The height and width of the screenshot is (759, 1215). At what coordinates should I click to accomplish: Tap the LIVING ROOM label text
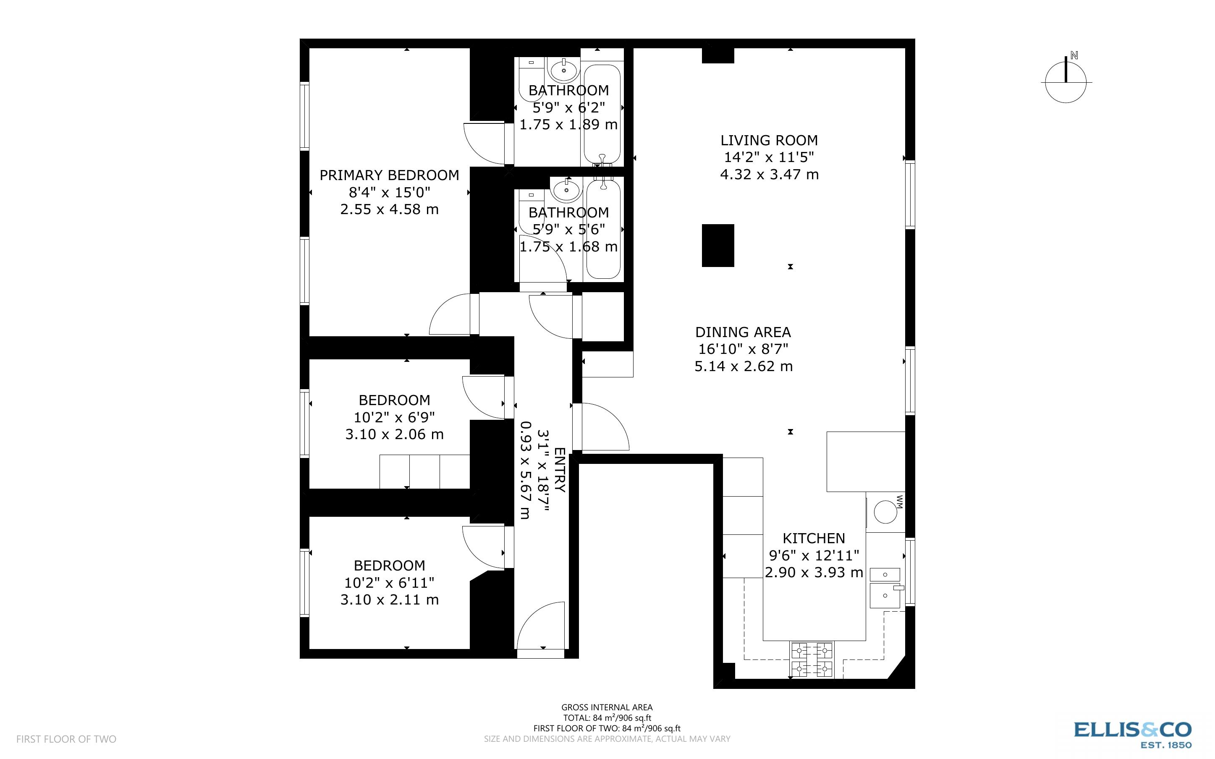tap(769, 140)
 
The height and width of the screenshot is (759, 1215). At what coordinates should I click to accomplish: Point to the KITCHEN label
tap(814, 538)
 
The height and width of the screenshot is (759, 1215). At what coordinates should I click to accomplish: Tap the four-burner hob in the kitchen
tap(812, 660)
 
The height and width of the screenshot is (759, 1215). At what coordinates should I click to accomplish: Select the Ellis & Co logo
tap(1132, 734)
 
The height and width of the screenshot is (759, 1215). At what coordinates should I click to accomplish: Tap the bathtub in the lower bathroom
tap(604, 228)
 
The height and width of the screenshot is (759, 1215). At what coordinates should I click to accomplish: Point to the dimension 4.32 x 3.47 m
tap(769, 175)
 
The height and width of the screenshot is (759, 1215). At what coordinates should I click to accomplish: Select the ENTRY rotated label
tap(560, 470)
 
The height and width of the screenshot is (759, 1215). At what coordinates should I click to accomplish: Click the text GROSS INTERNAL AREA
tap(607, 707)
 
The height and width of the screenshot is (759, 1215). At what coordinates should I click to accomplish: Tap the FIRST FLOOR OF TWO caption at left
tap(66, 739)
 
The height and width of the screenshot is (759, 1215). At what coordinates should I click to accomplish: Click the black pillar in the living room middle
tap(717, 245)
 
